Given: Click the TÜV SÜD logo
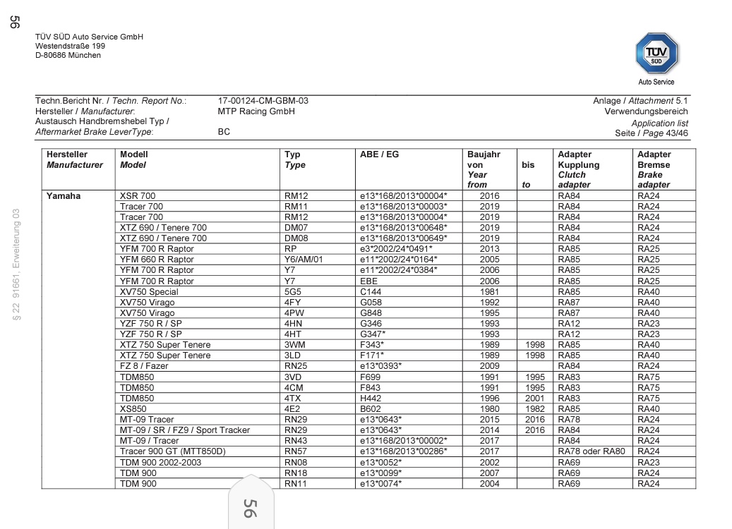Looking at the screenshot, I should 656,54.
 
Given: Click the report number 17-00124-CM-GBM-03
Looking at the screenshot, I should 263,101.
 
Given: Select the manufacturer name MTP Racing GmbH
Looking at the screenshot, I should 256,111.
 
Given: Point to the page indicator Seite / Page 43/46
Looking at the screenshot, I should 652,133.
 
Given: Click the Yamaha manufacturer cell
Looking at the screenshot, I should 64,195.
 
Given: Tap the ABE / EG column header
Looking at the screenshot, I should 379,154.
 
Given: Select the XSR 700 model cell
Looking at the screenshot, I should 138,195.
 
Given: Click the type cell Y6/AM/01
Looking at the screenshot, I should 303,260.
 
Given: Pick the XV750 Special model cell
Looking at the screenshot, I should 149,291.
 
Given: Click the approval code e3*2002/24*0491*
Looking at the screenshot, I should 396,249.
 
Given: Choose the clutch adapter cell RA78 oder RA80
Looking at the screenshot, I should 591,451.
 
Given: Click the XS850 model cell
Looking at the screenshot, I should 133,408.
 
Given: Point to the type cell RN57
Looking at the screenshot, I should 294,451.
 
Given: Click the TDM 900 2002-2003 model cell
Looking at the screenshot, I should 160,462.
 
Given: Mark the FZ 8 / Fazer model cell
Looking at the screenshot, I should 144,366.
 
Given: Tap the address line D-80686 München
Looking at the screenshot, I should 68,56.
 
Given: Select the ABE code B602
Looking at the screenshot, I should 371,408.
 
